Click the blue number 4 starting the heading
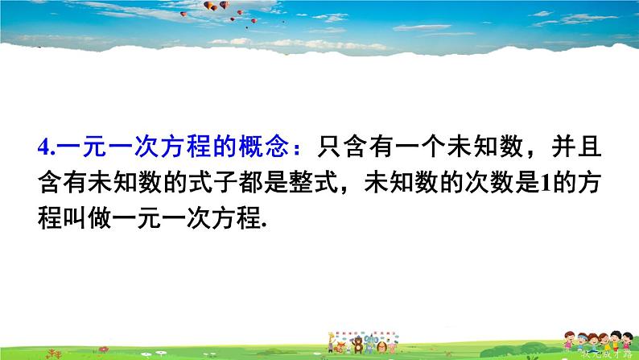tap(43, 148)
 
